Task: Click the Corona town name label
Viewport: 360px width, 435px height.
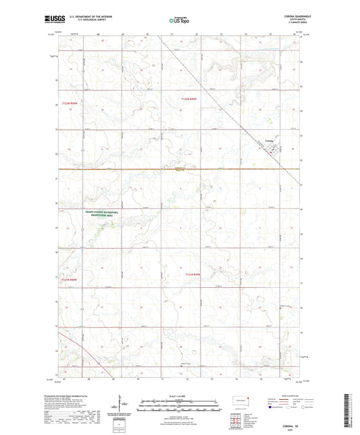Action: tap(269, 140)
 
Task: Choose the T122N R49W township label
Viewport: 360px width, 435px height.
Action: tap(191, 99)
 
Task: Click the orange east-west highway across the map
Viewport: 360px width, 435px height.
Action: tap(135, 169)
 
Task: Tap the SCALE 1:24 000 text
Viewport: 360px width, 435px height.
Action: tap(179, 395)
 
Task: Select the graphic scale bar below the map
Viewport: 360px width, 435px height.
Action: tap(179, 407)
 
